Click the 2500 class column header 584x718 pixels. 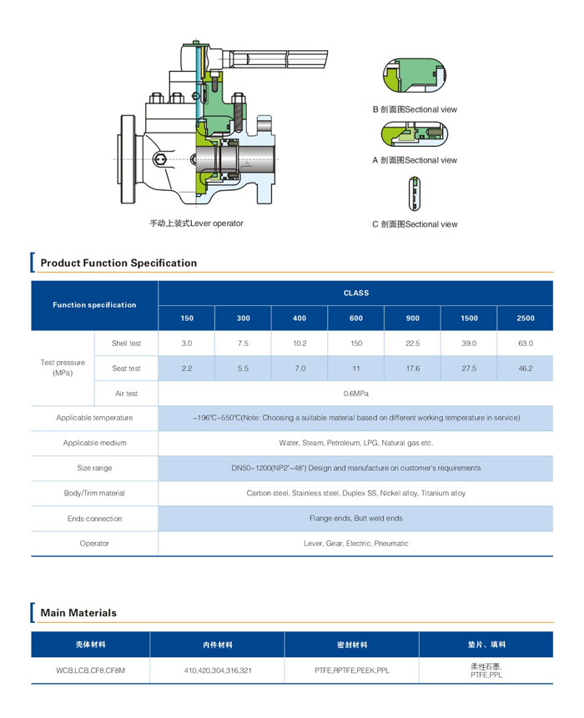pos(526,319)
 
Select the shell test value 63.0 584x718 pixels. pos(526,343)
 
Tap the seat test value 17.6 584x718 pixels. pos(413,368)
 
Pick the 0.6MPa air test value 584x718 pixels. pos(356,394)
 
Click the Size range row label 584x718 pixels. pos(94,468)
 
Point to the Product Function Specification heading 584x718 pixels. pos(118,263)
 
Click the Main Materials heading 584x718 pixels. pos(78,613)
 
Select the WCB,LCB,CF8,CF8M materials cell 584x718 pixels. pos(90,670)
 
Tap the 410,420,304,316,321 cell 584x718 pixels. pos(218,670)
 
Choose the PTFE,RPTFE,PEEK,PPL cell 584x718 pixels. pos(352,670)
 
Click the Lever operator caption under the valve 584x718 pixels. pos(196,223)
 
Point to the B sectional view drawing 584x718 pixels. pos(415,76)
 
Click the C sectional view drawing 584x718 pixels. pos(414,193)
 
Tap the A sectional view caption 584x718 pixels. pos(415,160)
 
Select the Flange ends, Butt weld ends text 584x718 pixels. pos(356,519)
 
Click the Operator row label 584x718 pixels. pos(94,544)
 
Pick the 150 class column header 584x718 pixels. pos(187,319)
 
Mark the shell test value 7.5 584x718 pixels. pos(244,343)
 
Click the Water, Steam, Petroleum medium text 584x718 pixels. pos(356,443)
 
